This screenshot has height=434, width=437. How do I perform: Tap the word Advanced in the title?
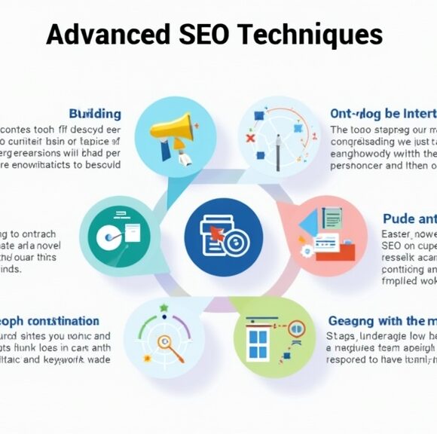click(107, 34)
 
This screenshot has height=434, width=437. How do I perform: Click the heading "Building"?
click(95, 114)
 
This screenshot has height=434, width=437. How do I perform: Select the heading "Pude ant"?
click(409, 219)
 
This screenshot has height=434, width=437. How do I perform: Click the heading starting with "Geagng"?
click(380, 320)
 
